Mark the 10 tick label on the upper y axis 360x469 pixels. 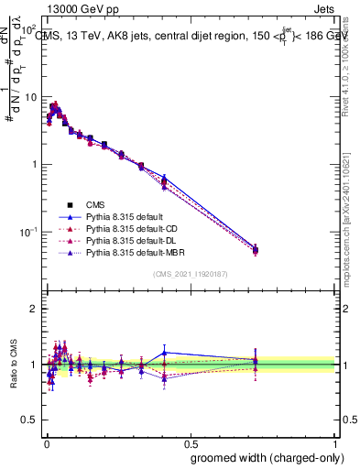[x=30, y=96]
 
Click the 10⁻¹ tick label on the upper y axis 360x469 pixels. [x=27, y=232]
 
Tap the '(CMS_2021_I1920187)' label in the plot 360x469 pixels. [x=191, y=273]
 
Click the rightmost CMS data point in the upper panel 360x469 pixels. [x=256, y=249]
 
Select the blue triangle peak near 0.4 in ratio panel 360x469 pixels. [x=164, y=352]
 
